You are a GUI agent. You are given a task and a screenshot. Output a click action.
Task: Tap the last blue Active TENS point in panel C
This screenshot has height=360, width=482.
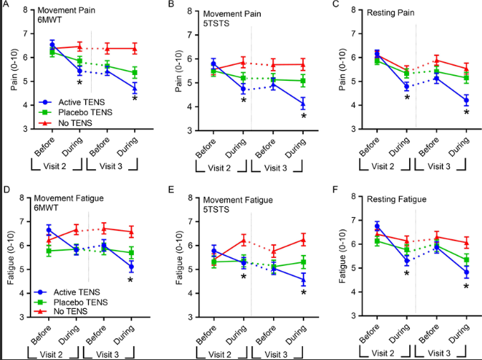tap(465, 100)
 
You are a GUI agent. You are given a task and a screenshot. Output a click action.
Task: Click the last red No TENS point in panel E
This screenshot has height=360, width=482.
tap(302, 239)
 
